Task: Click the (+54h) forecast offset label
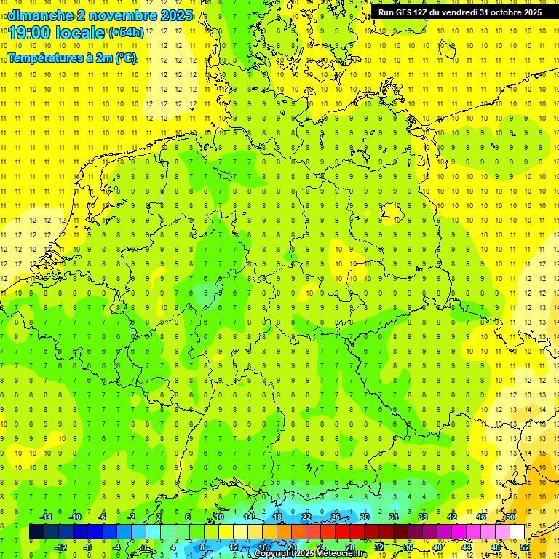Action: coord(126,33)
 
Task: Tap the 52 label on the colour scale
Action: coord(525,547)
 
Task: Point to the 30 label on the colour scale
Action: coord(365,516)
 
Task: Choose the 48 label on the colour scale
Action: coord(496,547)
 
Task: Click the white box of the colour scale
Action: coord(517,531)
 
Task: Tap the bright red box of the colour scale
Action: coord(342,531)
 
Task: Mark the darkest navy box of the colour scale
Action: coord(36,531)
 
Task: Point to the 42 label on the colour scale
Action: coord(452,516)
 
